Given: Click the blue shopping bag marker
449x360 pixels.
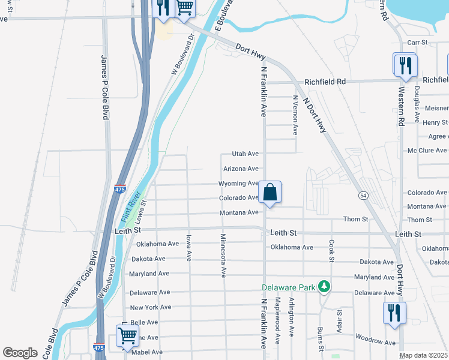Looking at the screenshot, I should [270, 193].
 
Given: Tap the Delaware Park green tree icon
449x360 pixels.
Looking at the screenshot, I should [324, 287].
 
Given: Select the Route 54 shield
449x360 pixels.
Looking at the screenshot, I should [363, 195].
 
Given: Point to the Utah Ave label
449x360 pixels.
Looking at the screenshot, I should [245, 154].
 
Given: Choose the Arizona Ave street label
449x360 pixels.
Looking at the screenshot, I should [240, 169].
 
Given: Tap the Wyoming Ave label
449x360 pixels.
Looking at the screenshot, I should [238, 183].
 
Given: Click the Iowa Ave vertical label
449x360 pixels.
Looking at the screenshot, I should [188, 247].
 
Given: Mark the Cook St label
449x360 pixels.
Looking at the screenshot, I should [331, 251].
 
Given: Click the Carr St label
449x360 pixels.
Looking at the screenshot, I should [417, 43].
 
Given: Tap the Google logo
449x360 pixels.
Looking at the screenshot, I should [20, 353].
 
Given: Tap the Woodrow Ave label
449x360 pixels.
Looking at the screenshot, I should [375, 343].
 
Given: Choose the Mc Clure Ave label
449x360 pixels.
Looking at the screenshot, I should [426, 150].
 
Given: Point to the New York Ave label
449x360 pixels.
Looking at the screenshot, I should [150, 307].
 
